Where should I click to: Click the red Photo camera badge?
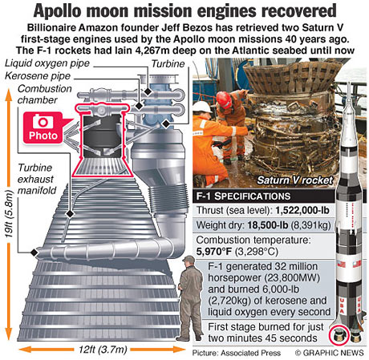(x=43, y=127)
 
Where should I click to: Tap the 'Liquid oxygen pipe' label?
(x=47, y=63)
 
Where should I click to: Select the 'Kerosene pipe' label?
(x=38, y=76)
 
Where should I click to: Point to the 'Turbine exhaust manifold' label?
(x=37, y=179)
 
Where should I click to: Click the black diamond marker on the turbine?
(x=166, y=123)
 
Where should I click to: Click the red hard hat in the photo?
(x=224, y=99)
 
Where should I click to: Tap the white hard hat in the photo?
(x=202, y=107)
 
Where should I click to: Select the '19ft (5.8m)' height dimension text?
(x=9, y=214)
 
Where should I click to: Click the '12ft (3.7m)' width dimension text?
(x=103, y=350)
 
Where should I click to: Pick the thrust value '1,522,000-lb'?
(x=302, y=210)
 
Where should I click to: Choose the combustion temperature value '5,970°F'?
(x=214, y=252)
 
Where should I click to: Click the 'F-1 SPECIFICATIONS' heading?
(x=243, y=196)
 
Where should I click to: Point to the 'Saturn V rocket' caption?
(x=295, y=180)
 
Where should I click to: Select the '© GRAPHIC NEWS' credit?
(x=329, y=353)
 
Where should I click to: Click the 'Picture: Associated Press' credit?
(x=237, y=353)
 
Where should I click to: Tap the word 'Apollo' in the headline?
(x=57, y=11)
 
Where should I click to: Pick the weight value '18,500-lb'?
(x=268, y=225)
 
